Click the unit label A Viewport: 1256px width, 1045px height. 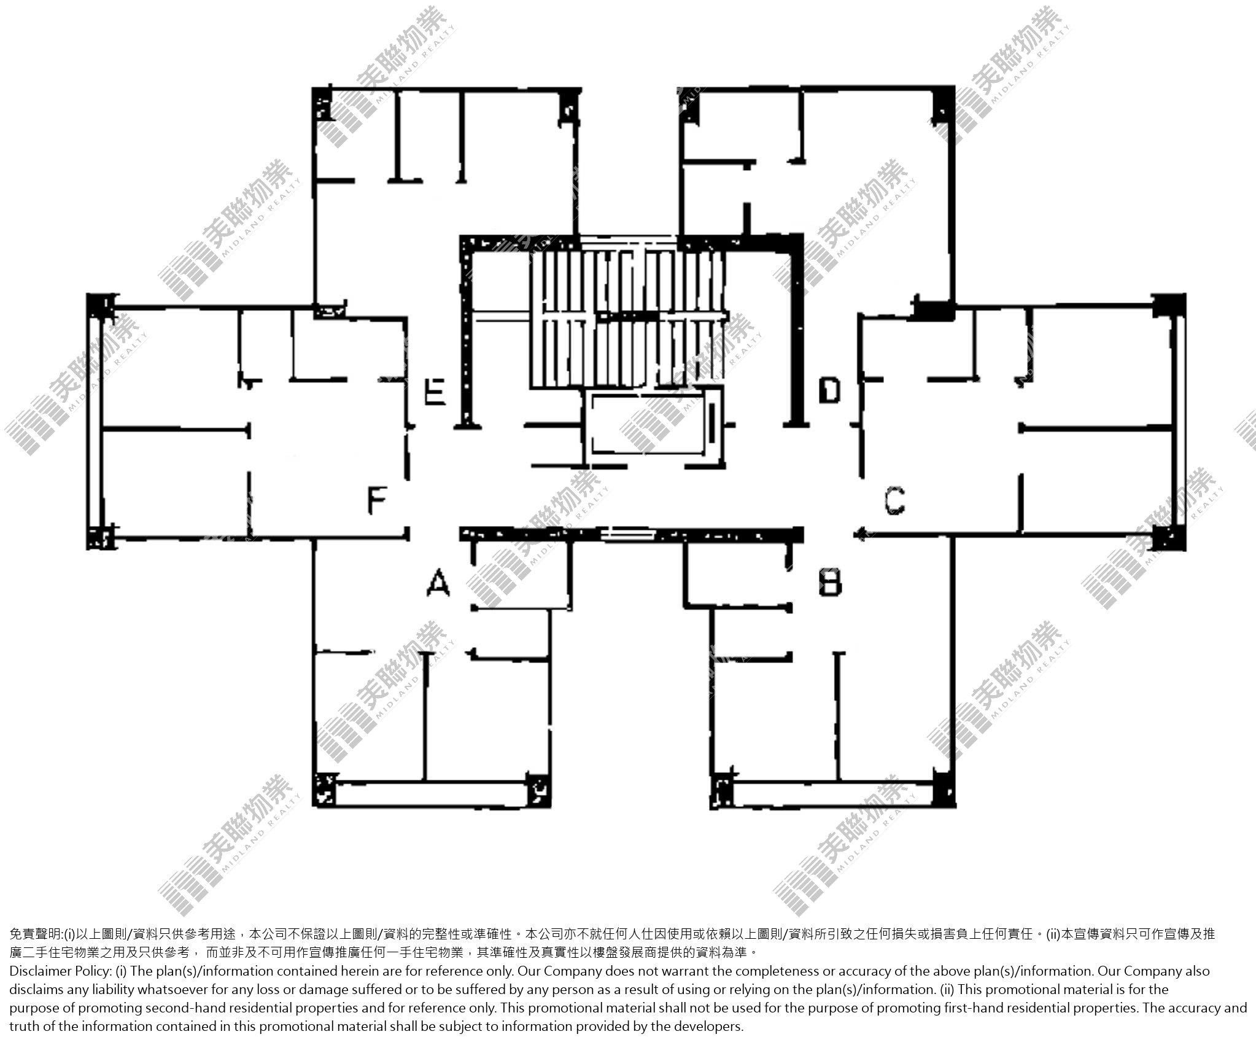(438, 583)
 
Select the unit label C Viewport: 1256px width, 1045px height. (894, 500)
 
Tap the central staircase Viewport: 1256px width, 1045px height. (627, 319)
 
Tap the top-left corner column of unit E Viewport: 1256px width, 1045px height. (324, 103)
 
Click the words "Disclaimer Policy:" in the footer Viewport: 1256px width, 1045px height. (60, 971)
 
